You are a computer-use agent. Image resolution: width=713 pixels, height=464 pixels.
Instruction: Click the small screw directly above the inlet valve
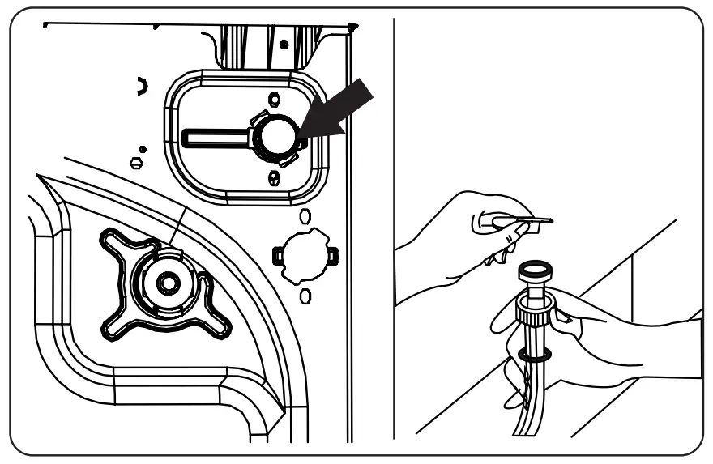tap(274, 99)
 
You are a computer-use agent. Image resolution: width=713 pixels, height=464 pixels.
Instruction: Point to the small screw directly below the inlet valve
tap(274, 177)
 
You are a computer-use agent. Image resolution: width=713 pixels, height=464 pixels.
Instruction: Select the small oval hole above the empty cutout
tap(305, 216)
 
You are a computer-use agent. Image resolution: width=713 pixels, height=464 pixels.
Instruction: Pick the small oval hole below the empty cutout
tap(305, 296)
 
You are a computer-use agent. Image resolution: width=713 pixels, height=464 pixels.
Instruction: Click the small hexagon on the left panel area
tap(137, 162)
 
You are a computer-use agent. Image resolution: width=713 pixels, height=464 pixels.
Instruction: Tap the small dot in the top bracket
tap(284, 45)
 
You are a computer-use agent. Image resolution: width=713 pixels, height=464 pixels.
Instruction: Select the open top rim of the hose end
tap(535, 266)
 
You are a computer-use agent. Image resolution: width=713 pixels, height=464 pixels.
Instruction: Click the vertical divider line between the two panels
tap(394, 227)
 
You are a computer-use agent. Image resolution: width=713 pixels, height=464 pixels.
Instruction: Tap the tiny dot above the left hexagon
tap(143, 149)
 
